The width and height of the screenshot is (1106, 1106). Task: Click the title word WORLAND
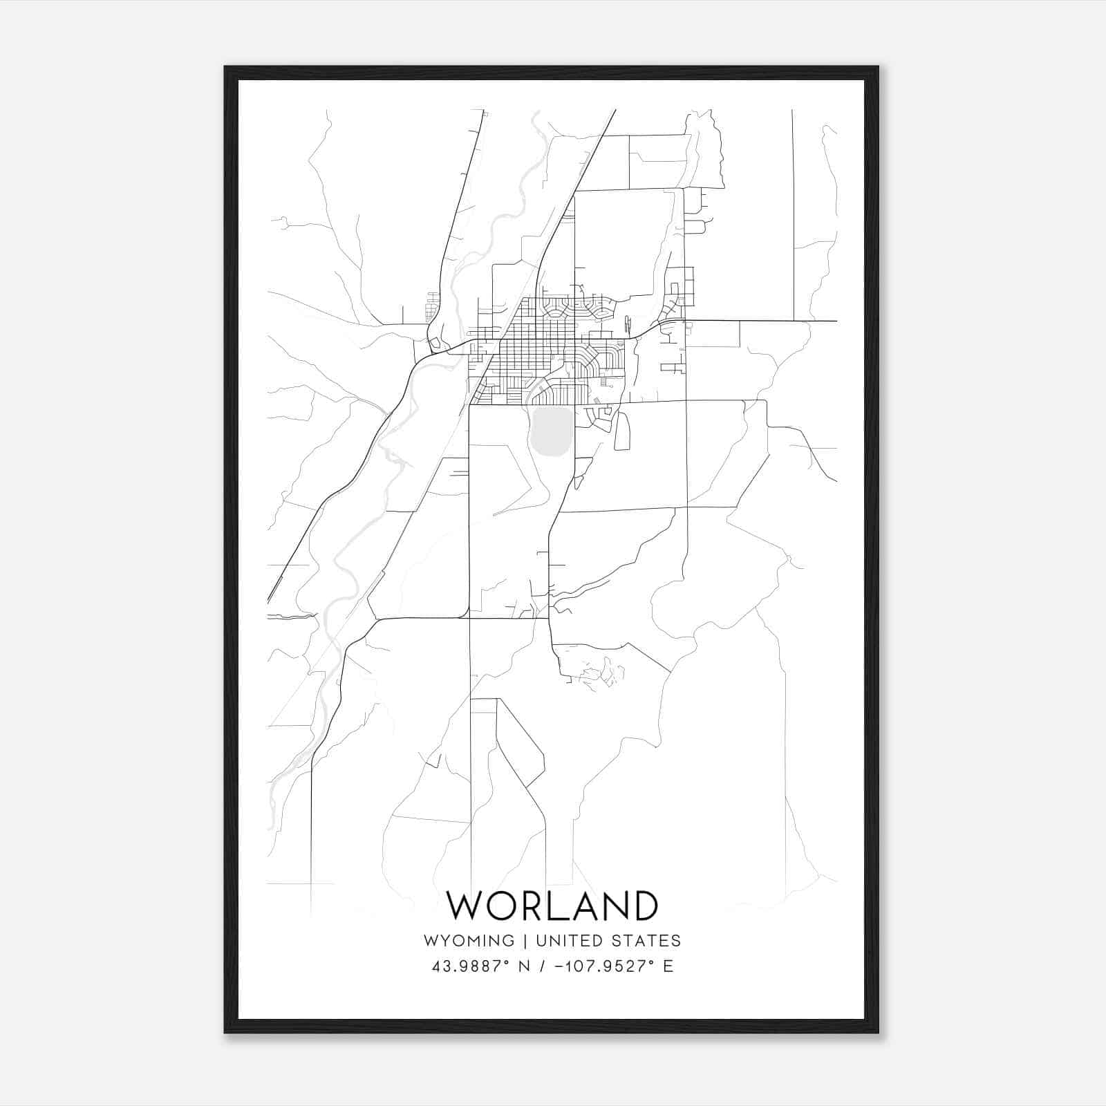552,906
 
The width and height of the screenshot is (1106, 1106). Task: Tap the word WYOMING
469,941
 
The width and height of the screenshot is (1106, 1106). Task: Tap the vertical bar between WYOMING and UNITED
525,941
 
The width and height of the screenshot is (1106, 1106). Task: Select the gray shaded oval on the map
552,432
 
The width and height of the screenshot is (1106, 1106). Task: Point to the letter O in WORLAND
505,906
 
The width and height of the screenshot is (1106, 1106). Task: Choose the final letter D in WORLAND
643,906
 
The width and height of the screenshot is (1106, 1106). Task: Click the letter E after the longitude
668,966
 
